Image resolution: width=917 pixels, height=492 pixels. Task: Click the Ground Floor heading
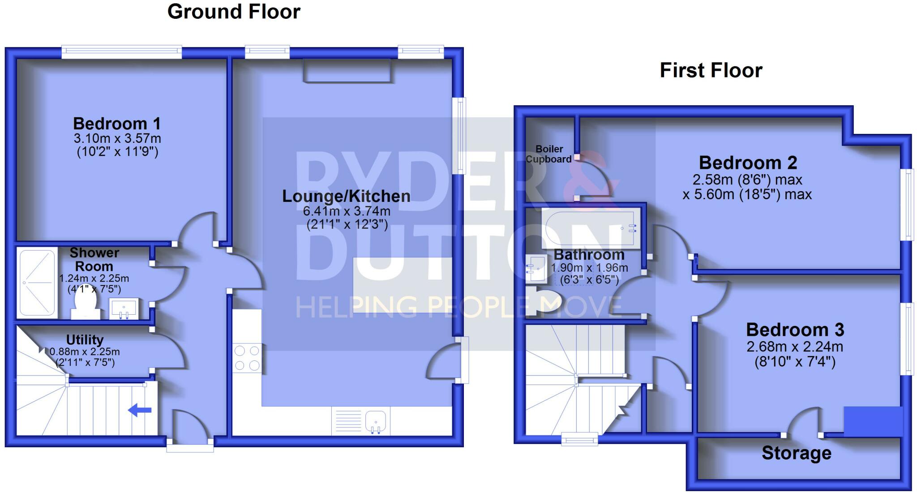click(234, 12)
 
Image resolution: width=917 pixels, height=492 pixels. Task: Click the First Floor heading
click(711, 71)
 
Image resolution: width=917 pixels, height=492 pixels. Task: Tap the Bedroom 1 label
click(116, 124)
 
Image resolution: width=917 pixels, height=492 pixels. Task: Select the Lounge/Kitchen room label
click(346, 196)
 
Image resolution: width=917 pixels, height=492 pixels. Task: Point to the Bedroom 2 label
click(748, 163)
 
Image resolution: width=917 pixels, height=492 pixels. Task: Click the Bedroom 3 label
click(795, 330)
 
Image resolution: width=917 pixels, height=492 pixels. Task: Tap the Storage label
click(797, 453)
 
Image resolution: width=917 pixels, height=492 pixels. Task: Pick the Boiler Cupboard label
click(549, 154)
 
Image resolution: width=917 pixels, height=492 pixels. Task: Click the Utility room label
click(85, 340)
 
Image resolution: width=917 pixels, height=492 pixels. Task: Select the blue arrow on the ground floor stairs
click(140, 410)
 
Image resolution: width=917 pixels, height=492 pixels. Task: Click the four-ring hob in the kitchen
click(247, 358)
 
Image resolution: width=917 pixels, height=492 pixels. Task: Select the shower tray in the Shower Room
click(37, 282)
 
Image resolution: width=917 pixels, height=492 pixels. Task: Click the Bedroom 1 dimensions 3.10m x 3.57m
click(117, 138)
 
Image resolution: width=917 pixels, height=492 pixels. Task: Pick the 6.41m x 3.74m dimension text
click(346, 211)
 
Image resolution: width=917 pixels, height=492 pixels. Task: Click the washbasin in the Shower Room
click(124, 308)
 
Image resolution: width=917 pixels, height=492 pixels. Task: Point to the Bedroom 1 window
click(122, 52)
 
